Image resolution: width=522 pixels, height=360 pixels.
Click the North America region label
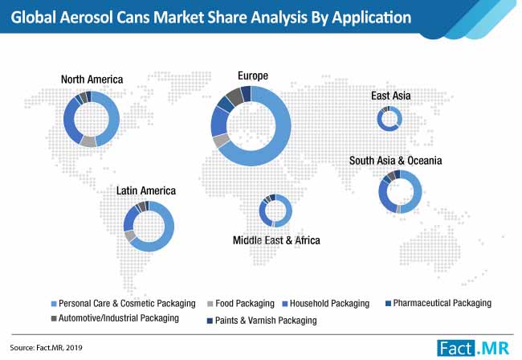tap(92, 80)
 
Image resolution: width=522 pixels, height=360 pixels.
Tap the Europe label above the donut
tap(253, 76)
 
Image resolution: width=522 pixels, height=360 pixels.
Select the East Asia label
tap(391, 96)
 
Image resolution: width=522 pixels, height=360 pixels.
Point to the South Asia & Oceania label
tap(395, 161)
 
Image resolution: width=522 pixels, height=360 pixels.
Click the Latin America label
tap(146, 190)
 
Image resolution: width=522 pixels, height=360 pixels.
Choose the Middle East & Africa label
tap(276, 240)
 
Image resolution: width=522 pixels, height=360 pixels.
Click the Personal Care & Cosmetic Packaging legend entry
tap(123, 304)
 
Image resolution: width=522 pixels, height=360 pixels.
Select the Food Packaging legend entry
tap(241, 304)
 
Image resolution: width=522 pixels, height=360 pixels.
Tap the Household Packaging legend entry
tap(326, 304)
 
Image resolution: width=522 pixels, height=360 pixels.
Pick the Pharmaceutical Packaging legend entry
tap(438, 303)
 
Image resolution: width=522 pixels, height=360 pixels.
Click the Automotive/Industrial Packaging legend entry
tap(115, 318)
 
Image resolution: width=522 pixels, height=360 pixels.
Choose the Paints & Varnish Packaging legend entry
tap(262, 321)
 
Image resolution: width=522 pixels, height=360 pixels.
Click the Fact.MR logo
tap(473, 348)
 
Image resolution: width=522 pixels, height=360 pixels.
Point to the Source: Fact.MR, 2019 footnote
tap(46, 348)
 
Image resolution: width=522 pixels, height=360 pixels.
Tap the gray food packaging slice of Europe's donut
tap(221, 141)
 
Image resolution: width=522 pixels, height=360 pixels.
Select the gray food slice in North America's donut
tap(88, 141)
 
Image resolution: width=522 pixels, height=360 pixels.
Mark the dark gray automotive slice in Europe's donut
tap(235, 96)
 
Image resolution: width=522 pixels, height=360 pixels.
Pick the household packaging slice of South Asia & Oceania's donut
tap(385, 197)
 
